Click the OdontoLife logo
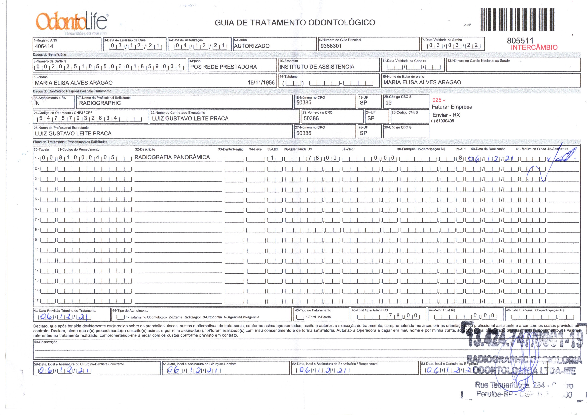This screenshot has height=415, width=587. click(x=72, y=22)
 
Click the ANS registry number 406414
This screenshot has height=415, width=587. click(x=44, y=46)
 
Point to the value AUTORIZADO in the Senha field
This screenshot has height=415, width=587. click(x=252, y=46)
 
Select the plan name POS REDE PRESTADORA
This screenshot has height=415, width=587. click(x=224, y=67)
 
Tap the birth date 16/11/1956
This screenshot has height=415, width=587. click(x=261, y=82)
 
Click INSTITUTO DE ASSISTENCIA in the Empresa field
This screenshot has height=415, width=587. click(x=317, y=67)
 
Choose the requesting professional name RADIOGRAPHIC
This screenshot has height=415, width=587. click(x=100, y=103)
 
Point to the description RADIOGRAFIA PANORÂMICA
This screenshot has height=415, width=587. click(x=172, y=157)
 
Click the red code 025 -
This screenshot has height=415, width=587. click(x=438, y=100)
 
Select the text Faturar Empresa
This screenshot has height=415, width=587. click(x=452, y=107)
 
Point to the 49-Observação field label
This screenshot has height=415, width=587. click(x=46, y=342)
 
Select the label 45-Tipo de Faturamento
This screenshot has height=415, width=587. click(x=313, y=310)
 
